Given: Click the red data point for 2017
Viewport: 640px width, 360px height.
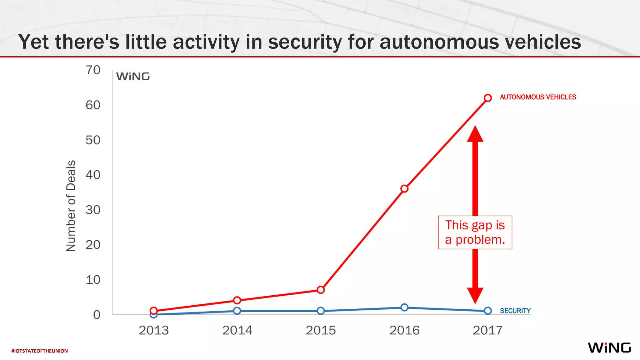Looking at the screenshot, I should (487, 98).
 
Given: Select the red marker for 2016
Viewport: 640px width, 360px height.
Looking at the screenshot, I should (404, 188).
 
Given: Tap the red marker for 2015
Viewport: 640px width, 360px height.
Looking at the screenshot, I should (321, 290).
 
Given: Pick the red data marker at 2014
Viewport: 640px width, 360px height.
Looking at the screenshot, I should (237, 300).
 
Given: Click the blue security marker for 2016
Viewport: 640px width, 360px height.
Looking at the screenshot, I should (404, 307).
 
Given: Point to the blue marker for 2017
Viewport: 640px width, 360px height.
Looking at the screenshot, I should (487, 311).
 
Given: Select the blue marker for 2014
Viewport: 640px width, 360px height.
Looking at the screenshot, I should (237, 311).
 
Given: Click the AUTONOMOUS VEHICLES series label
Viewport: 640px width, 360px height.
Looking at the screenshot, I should (537, 97).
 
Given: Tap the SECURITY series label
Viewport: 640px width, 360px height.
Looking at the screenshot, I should (515, 311).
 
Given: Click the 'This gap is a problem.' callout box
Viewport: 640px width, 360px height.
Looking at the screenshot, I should (475, 232).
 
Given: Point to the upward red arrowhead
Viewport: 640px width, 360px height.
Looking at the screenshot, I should (475, 134).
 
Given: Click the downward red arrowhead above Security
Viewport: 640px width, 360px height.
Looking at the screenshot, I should (475, 295).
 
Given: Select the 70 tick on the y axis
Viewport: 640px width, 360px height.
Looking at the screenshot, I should (93, 70).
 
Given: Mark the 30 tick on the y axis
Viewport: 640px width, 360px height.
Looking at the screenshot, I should (93, 210).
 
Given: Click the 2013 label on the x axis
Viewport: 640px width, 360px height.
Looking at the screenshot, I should (153, 330).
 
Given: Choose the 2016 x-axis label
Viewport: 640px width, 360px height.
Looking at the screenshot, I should (404, 330).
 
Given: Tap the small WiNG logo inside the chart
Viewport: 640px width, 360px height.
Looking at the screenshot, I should (133, 77).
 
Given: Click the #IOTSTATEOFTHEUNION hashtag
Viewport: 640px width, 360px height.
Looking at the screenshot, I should (39, 351).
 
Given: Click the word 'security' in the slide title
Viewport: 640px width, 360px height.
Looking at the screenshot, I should (305, 42).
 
